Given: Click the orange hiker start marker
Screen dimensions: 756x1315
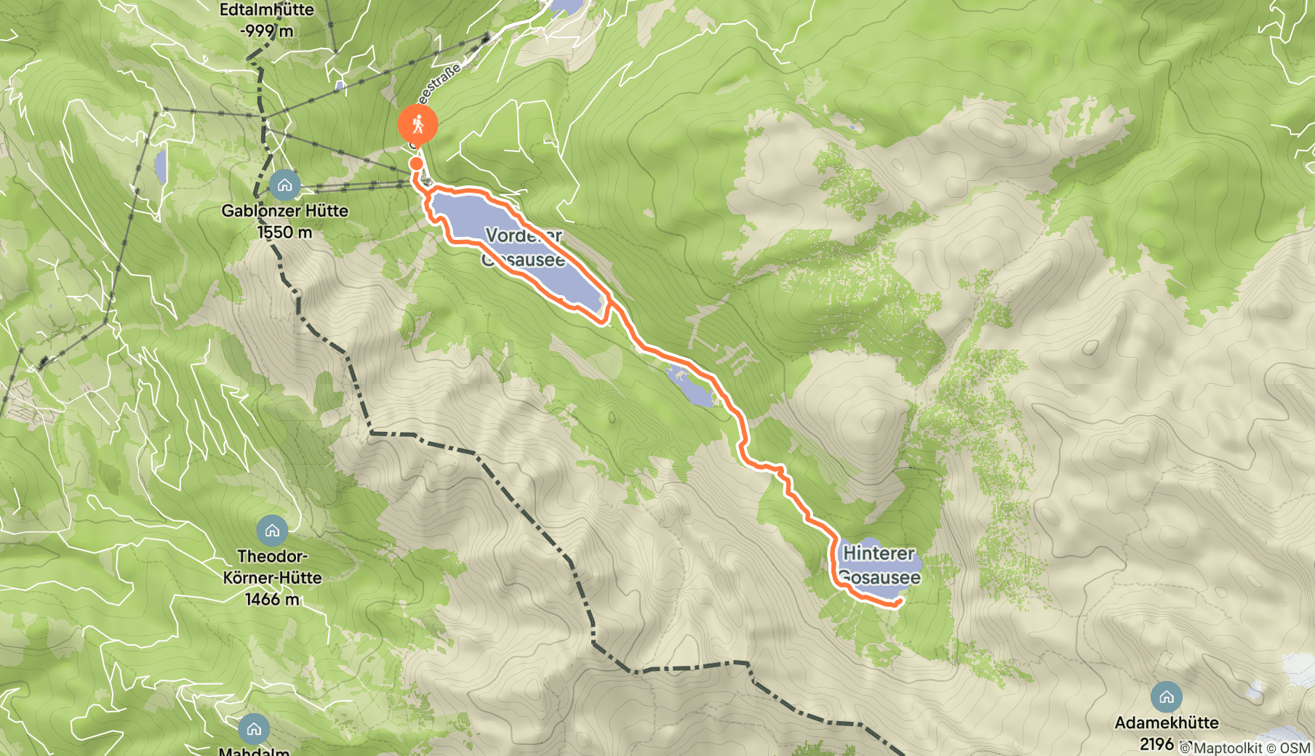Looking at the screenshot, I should tap(417, 125).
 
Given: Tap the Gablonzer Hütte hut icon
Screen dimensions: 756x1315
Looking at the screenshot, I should tap(284, 185).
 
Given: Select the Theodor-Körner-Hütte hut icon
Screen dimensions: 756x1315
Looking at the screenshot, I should tap(272, 531).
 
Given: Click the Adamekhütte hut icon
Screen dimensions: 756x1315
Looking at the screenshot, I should tap(1166, 697).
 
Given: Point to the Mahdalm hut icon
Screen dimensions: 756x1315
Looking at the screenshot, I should tap(254, 728).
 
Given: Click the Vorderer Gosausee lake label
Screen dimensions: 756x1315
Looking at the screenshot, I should tap(524, 247).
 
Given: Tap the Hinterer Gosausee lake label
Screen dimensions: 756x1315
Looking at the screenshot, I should tap(880, 566).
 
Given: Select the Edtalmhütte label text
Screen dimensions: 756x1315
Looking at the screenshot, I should tap(266, 10).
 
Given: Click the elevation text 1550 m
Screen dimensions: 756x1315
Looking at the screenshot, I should tap(284, 233).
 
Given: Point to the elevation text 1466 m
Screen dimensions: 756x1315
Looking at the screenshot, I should tap(272, 600).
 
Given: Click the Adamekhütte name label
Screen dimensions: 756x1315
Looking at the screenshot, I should tap(1167, 723).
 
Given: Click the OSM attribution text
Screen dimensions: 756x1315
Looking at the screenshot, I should tap(1295, 748).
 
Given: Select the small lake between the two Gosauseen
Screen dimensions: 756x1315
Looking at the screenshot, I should tap(692, 389).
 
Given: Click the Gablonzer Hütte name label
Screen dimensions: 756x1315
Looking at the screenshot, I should tap(284, 211).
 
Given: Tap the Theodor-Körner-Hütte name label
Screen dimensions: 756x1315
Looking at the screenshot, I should tap(272, 567).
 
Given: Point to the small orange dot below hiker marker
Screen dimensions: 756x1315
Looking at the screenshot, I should tap(416, 164).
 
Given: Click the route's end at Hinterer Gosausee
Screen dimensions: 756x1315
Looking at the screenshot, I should tap(900, 601).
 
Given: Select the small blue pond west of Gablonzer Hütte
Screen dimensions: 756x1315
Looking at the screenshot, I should tap(160, 166).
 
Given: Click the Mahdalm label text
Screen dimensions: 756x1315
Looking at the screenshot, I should tap(254, 751).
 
